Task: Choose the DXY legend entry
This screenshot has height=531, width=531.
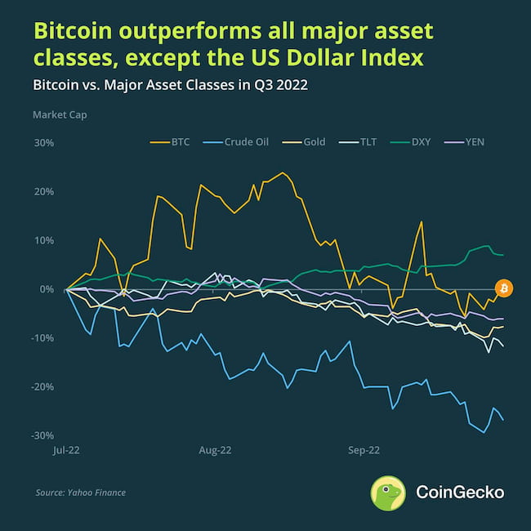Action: click(416, 142)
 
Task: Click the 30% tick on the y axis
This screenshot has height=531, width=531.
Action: click(43, 143)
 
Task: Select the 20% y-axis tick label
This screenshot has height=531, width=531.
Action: click(43, 192)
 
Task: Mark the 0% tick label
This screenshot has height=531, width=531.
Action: click(46, 289)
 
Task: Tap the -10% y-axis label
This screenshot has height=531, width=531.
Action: click(43, 338)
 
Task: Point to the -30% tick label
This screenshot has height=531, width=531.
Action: click(43, 435)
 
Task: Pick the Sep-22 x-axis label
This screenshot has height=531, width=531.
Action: click(364, 449)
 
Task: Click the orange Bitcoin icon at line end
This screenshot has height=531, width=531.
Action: click(504, 288)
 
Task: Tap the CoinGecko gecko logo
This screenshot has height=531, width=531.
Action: click(388, 493)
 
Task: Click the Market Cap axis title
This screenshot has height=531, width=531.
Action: click(60, 115)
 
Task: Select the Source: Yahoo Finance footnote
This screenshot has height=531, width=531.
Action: click(80, 493)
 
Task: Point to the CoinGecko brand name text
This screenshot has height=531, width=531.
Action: click(460, 493)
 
